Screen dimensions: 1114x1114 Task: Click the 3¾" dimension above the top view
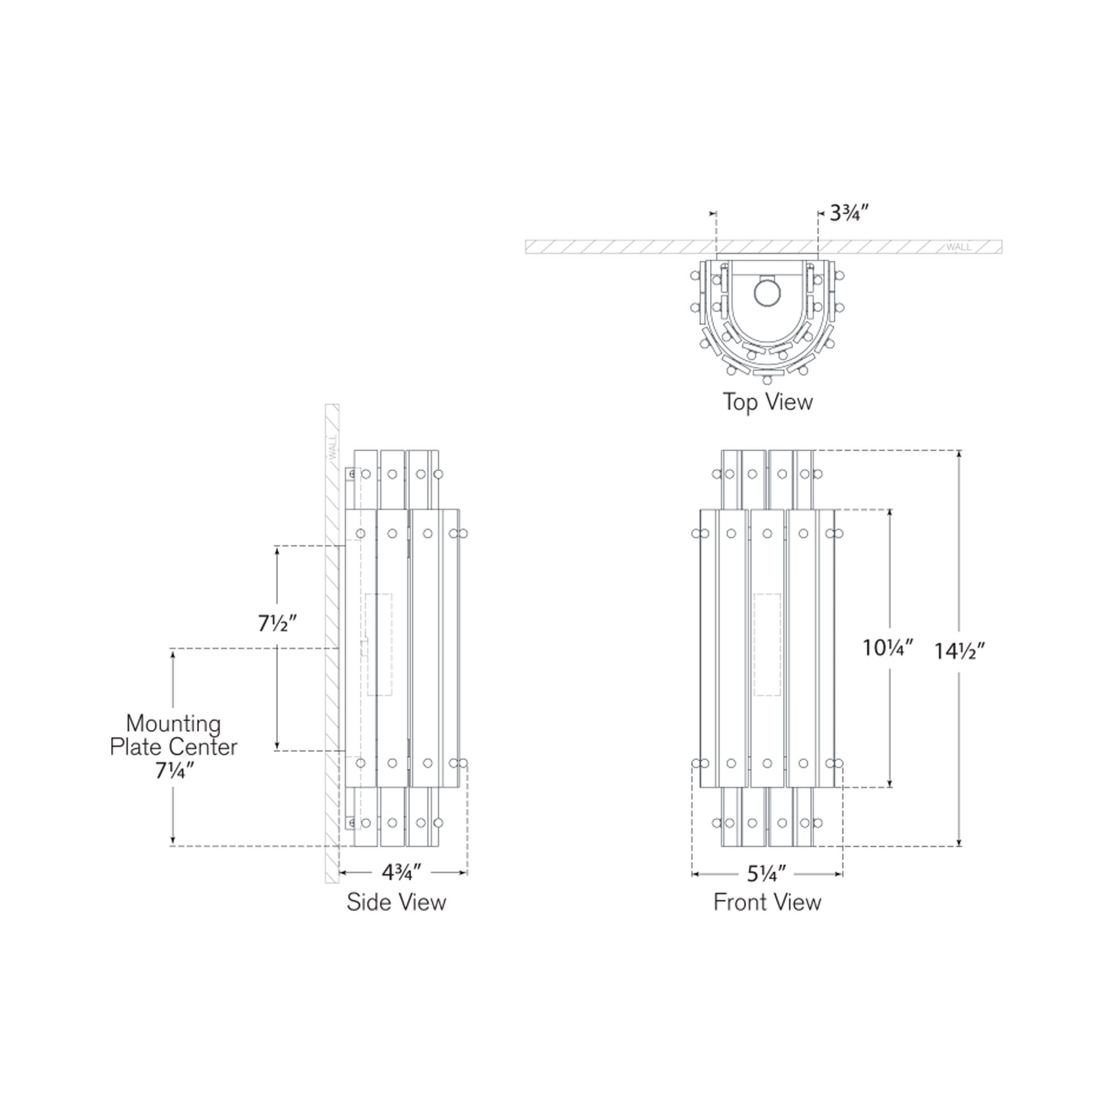(x=849, y=214)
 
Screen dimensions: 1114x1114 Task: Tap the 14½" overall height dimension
(x=960, y=651)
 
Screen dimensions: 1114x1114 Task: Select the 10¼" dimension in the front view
(x=888, y=648)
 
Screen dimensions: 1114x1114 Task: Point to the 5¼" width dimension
(x=766, y=874)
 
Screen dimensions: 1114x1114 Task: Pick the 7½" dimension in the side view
(x=277, y=623)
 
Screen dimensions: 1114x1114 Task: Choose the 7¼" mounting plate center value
(x=174, y=770)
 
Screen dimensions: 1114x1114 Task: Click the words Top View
(x=768, y=402)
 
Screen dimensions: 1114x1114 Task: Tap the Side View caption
(x=396, y=902)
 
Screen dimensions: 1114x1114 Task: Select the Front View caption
(x=767, y=902)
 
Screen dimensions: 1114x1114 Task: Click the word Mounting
(x=174, y=723)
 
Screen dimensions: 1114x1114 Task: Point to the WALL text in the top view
(x=958, y=247)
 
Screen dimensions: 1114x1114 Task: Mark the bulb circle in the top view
(x=767, y=293)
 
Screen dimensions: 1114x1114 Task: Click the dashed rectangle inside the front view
(x=768, y=644)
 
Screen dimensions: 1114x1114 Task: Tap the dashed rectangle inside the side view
(x=379, y=644)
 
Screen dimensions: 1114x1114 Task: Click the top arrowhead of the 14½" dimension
(x=959, y=454)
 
